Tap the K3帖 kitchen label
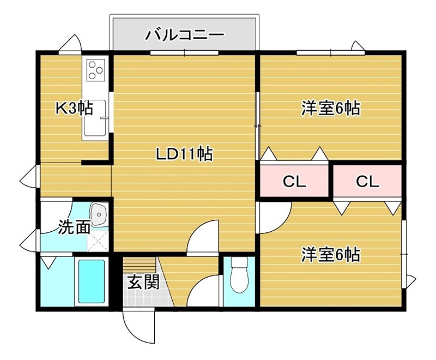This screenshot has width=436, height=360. (x=74, y=108)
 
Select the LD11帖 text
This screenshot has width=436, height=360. (x=184, y=154)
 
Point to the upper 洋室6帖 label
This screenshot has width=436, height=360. (x=330, y=108)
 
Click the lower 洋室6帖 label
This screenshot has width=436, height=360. (x=330, y=254)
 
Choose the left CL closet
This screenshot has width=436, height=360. (x=294, y=182)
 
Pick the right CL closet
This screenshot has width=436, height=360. (x=368, y=182)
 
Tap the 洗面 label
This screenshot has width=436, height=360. (x=74, y=227)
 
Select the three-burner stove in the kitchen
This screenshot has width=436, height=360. (x=96, y=69)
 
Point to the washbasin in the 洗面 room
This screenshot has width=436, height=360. (x=99, y=214)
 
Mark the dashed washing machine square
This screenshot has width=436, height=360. (x=99, y=239)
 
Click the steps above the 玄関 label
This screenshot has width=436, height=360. (x=140, y=265)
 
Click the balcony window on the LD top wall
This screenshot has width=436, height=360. (x=184, y=53)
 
